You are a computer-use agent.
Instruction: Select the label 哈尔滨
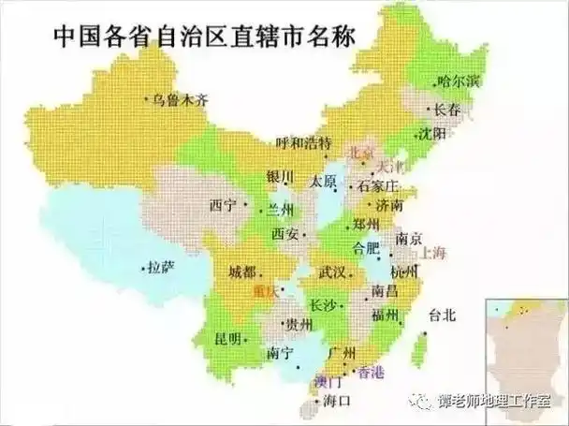[458, 81]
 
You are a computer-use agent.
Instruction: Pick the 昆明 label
[228, 338]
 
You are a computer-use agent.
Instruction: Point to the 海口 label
[335, 401]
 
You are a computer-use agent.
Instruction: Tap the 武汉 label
[333, 272]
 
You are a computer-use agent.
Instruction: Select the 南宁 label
[281, 353]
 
